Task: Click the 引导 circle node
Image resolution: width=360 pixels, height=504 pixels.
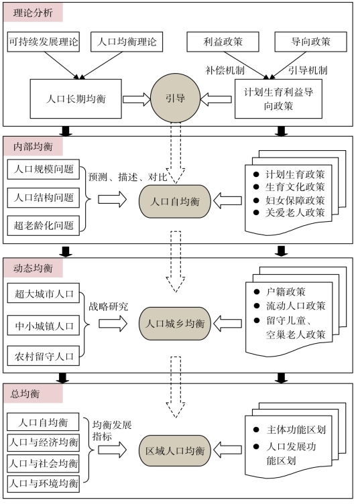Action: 176,98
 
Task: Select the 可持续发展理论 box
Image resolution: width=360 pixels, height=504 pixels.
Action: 44,42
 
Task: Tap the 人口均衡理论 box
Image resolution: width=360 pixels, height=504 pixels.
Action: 127,42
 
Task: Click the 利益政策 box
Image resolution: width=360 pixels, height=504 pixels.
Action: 223,42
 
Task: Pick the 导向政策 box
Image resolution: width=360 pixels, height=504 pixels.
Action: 310,42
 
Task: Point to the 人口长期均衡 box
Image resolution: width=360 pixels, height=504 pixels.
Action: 76,99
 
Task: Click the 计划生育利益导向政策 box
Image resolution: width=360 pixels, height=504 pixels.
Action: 278,99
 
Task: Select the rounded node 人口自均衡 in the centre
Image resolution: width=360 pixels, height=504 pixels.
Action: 175,202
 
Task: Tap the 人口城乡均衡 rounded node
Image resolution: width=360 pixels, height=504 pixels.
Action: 175,323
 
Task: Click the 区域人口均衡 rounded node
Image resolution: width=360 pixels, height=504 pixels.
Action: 175,450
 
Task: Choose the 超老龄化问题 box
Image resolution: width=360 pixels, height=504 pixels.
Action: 44,225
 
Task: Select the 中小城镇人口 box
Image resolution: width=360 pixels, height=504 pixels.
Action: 44,325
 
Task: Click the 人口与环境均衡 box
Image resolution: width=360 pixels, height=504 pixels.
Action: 43,483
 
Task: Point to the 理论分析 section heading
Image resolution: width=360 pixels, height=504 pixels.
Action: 33,13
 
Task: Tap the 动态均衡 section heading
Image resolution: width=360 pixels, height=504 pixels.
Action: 33,268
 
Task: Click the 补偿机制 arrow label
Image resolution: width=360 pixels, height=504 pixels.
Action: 225,70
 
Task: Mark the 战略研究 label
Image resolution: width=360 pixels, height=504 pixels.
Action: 109,306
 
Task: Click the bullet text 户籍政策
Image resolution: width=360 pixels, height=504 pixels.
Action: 286,292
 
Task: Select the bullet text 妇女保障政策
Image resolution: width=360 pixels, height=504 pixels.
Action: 295,200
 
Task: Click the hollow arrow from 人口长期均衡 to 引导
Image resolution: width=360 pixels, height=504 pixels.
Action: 136,99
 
